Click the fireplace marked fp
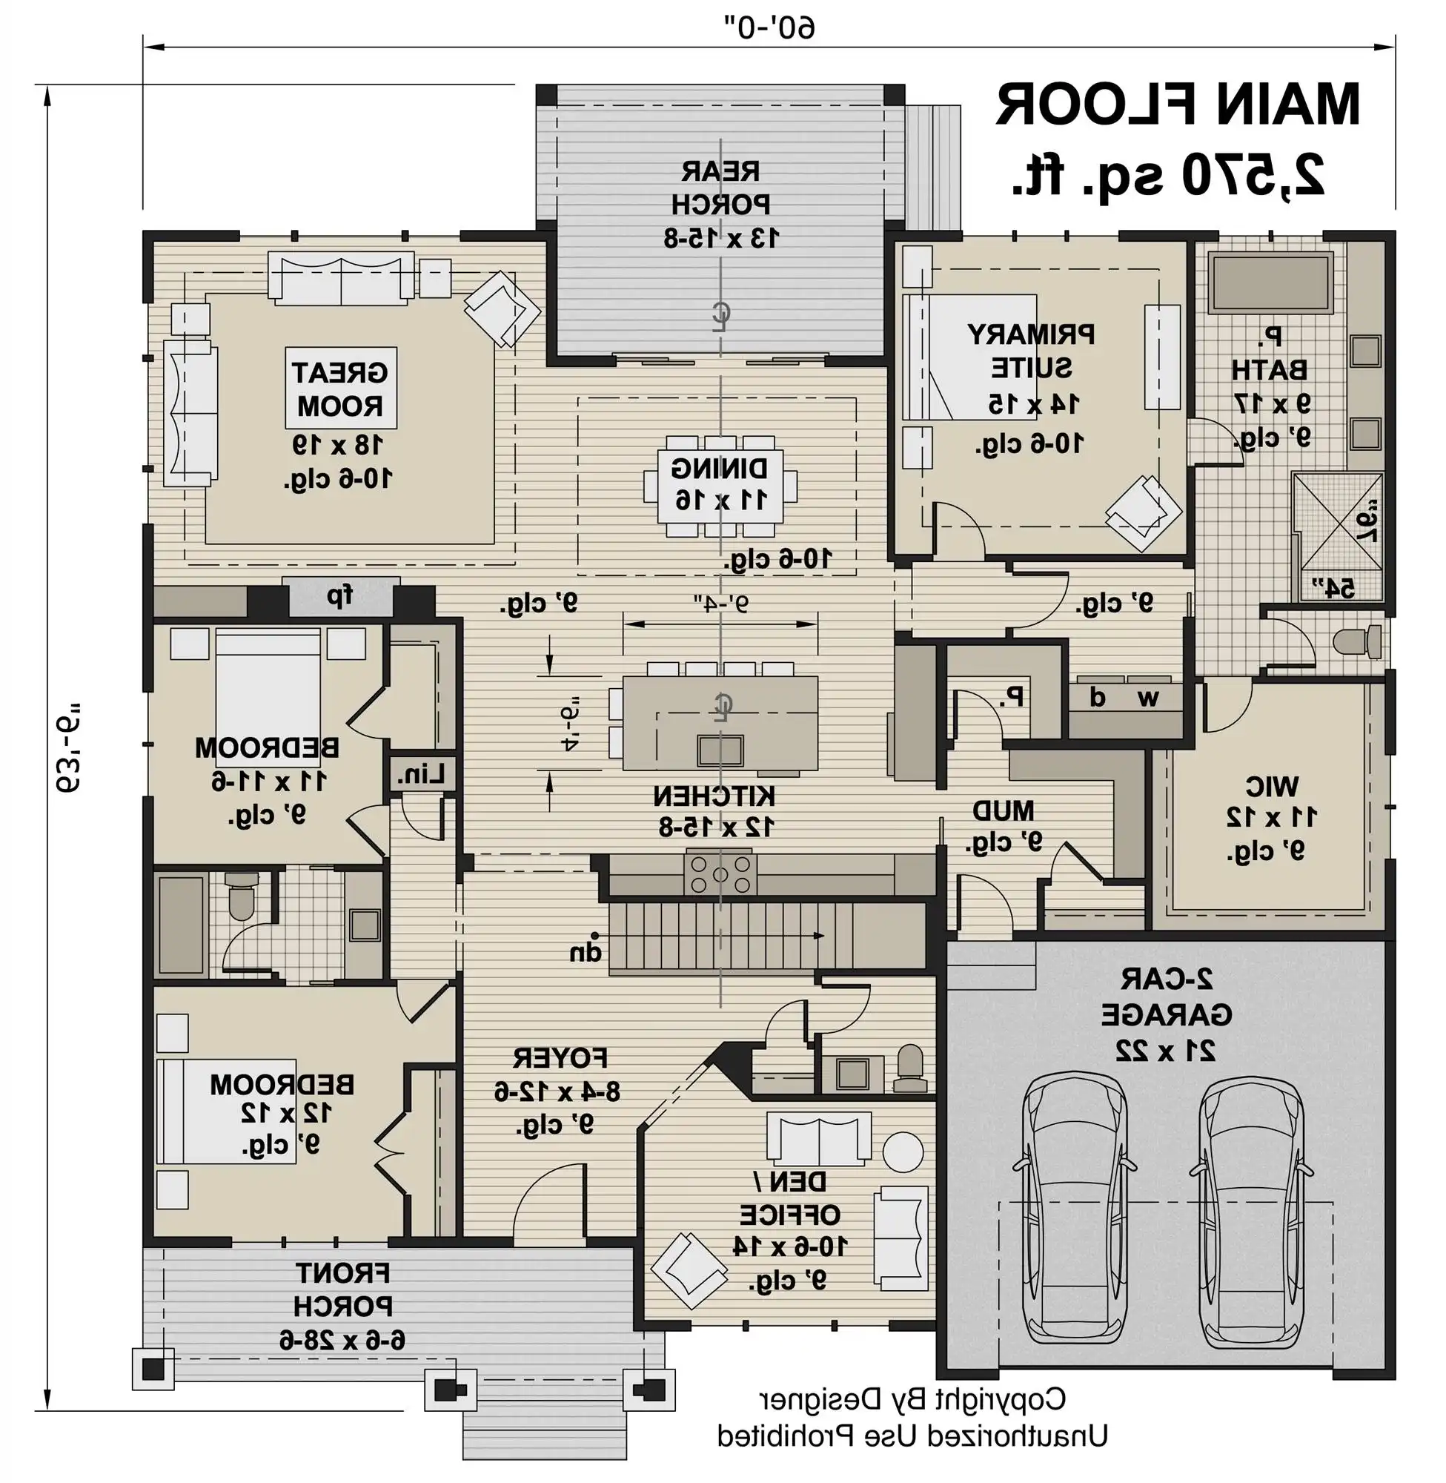click(x=341, y=595)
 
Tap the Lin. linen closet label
click(x=420, y=776)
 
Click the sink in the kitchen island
click(x=720, y=750)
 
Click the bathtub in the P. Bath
click(x=1271, y=283)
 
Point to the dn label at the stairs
click(x=586, y=953)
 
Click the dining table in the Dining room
click(x=720, y=483)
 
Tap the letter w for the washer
click(x=1149, y=697)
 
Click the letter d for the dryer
click(x=1097, y=697)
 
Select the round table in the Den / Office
click(x=903, y=1151)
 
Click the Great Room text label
click(x=341, y=389)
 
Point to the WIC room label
click(x=1272, y=785)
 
